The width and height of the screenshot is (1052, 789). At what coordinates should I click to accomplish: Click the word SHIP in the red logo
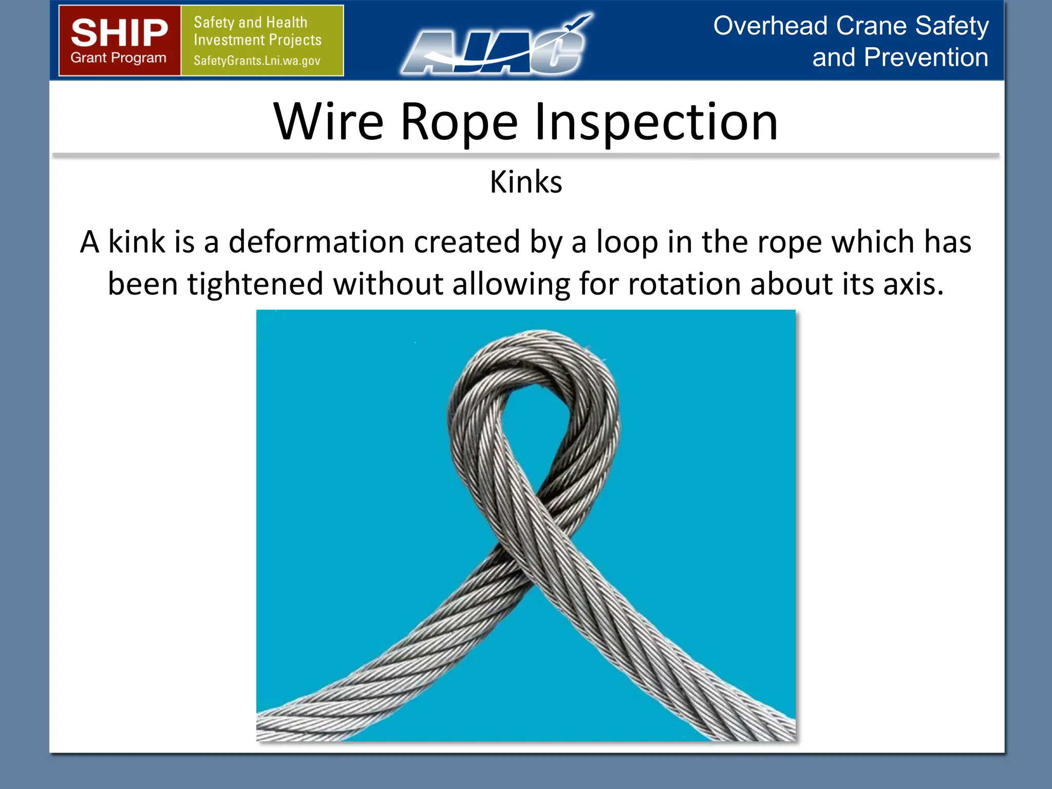(x=119, y=32)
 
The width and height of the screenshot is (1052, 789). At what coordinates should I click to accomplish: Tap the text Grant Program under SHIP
(x=119, y=58)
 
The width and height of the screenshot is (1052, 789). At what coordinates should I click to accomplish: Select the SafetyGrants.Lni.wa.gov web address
(x=257, y=61)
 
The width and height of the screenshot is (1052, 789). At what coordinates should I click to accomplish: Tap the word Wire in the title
(x=329, y=122)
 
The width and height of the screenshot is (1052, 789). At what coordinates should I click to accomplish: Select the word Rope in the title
(x=459, y=122)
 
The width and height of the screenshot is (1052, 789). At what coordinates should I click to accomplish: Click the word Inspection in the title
(x=656, y=122)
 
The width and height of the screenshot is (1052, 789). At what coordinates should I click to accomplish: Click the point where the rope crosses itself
(x=534, y=539)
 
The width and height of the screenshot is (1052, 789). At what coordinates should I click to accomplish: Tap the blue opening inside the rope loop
(x=534, y=437)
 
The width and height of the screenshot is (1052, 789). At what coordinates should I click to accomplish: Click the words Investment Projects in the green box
(x=257, y=40)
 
